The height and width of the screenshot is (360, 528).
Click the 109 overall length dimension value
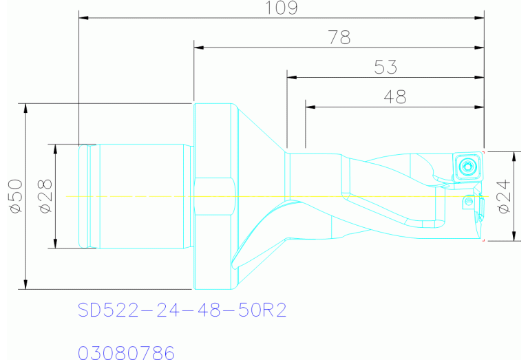pos(282,8)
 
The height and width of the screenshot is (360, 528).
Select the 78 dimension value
pos(339,37)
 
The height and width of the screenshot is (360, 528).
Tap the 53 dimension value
pos(386,67)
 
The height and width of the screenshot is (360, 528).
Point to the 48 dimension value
pos(395,96)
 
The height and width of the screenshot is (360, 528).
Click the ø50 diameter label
pos(16,196)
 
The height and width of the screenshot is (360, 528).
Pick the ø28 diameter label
pos(46,196)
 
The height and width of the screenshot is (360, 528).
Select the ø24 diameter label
pos(504,197)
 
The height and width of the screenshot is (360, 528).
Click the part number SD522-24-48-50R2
pos(182,310)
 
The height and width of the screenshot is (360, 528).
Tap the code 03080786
pos(126,352)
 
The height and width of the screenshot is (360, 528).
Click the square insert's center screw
pos(467,167)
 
